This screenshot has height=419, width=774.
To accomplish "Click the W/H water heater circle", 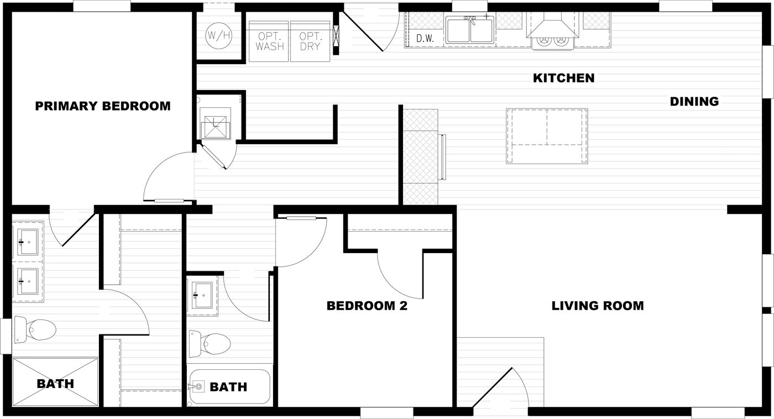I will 218,36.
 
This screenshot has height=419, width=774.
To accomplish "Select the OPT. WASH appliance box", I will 270,41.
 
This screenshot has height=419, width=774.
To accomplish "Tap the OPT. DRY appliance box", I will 310,41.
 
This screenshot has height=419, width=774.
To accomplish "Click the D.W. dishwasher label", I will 425,39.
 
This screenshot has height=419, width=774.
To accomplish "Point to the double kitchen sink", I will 470,30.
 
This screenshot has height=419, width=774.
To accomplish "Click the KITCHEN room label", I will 563,78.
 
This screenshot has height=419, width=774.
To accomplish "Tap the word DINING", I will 694,102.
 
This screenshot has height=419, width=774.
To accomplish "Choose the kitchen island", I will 546,136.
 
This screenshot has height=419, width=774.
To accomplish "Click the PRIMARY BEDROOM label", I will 103,106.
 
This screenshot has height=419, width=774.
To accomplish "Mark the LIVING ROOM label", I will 597,306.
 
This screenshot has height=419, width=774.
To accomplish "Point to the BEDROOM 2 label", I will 367,306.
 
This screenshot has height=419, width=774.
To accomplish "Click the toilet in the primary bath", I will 35,330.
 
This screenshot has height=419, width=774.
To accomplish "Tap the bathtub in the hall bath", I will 229,386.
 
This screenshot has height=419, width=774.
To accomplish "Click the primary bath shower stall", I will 55,383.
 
